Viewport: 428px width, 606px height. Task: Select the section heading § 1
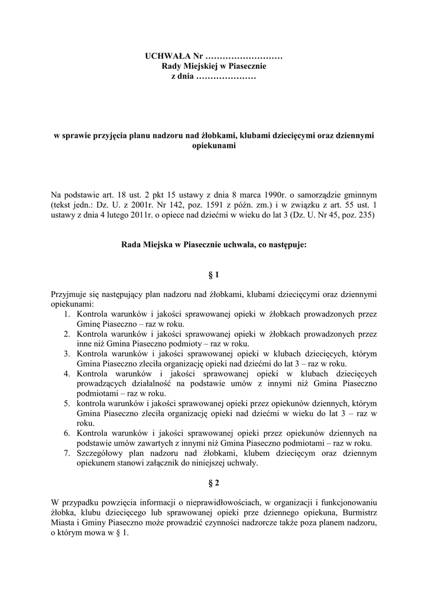213,275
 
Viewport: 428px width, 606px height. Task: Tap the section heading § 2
213,483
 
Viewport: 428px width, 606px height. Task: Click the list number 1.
67,314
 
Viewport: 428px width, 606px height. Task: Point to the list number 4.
67,374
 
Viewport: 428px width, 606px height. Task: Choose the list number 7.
67,454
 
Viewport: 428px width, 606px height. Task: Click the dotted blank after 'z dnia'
225,78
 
